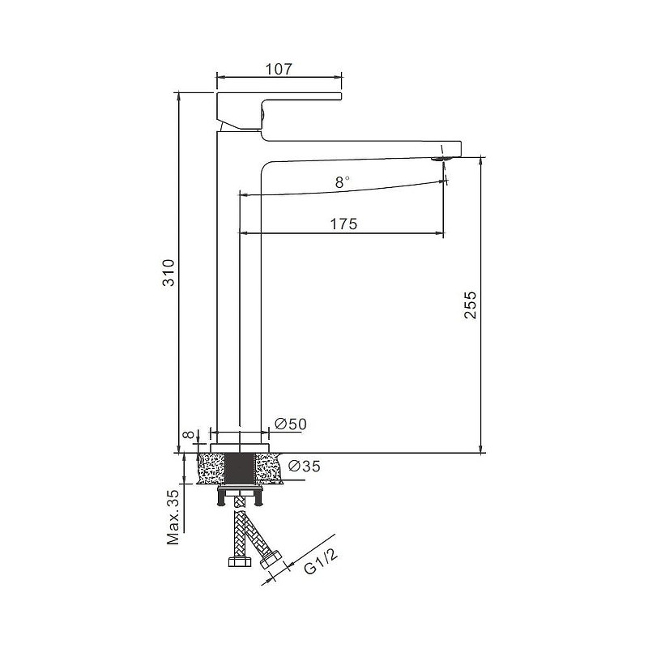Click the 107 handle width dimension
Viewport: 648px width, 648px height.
(x=279, y=69)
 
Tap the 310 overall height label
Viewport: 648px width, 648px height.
(x=169, y=273)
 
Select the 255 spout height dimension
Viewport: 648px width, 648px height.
(x=471, y=305)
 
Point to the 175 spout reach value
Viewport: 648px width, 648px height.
(x=343, y=224)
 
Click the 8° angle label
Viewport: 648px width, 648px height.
(x=342, y=181)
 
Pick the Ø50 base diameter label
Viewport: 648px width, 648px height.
(x=291, y=424)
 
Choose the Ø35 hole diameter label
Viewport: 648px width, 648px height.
(x=305, y=467)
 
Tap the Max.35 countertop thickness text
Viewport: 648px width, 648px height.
(x=173, y=517)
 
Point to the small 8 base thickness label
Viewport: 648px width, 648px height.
(x=189, y=435)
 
